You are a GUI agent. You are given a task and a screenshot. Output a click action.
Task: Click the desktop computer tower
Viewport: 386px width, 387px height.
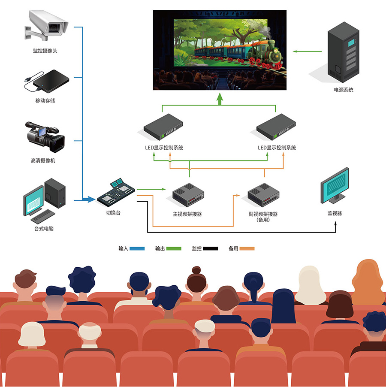[55, 193]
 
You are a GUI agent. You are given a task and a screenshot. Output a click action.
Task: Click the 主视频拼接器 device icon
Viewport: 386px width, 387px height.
[187, 195]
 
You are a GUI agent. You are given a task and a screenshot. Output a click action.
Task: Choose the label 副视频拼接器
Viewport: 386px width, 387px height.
[262, 214]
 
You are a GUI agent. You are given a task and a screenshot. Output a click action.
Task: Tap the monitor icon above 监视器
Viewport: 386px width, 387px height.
[335, 185]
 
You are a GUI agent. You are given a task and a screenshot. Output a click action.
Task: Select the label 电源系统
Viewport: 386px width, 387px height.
[344, 90]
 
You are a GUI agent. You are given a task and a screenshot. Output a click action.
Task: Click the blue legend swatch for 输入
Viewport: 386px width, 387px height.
[137, 248]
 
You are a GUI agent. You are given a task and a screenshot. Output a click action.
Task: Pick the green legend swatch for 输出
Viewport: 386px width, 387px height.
[174, 248]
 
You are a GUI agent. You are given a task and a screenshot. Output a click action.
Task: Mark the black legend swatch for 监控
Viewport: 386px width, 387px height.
[211, 248]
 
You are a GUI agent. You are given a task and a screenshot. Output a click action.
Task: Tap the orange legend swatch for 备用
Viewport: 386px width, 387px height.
[247, 248]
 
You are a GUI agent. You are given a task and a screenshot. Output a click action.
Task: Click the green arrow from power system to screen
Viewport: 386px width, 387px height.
[307, 51]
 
